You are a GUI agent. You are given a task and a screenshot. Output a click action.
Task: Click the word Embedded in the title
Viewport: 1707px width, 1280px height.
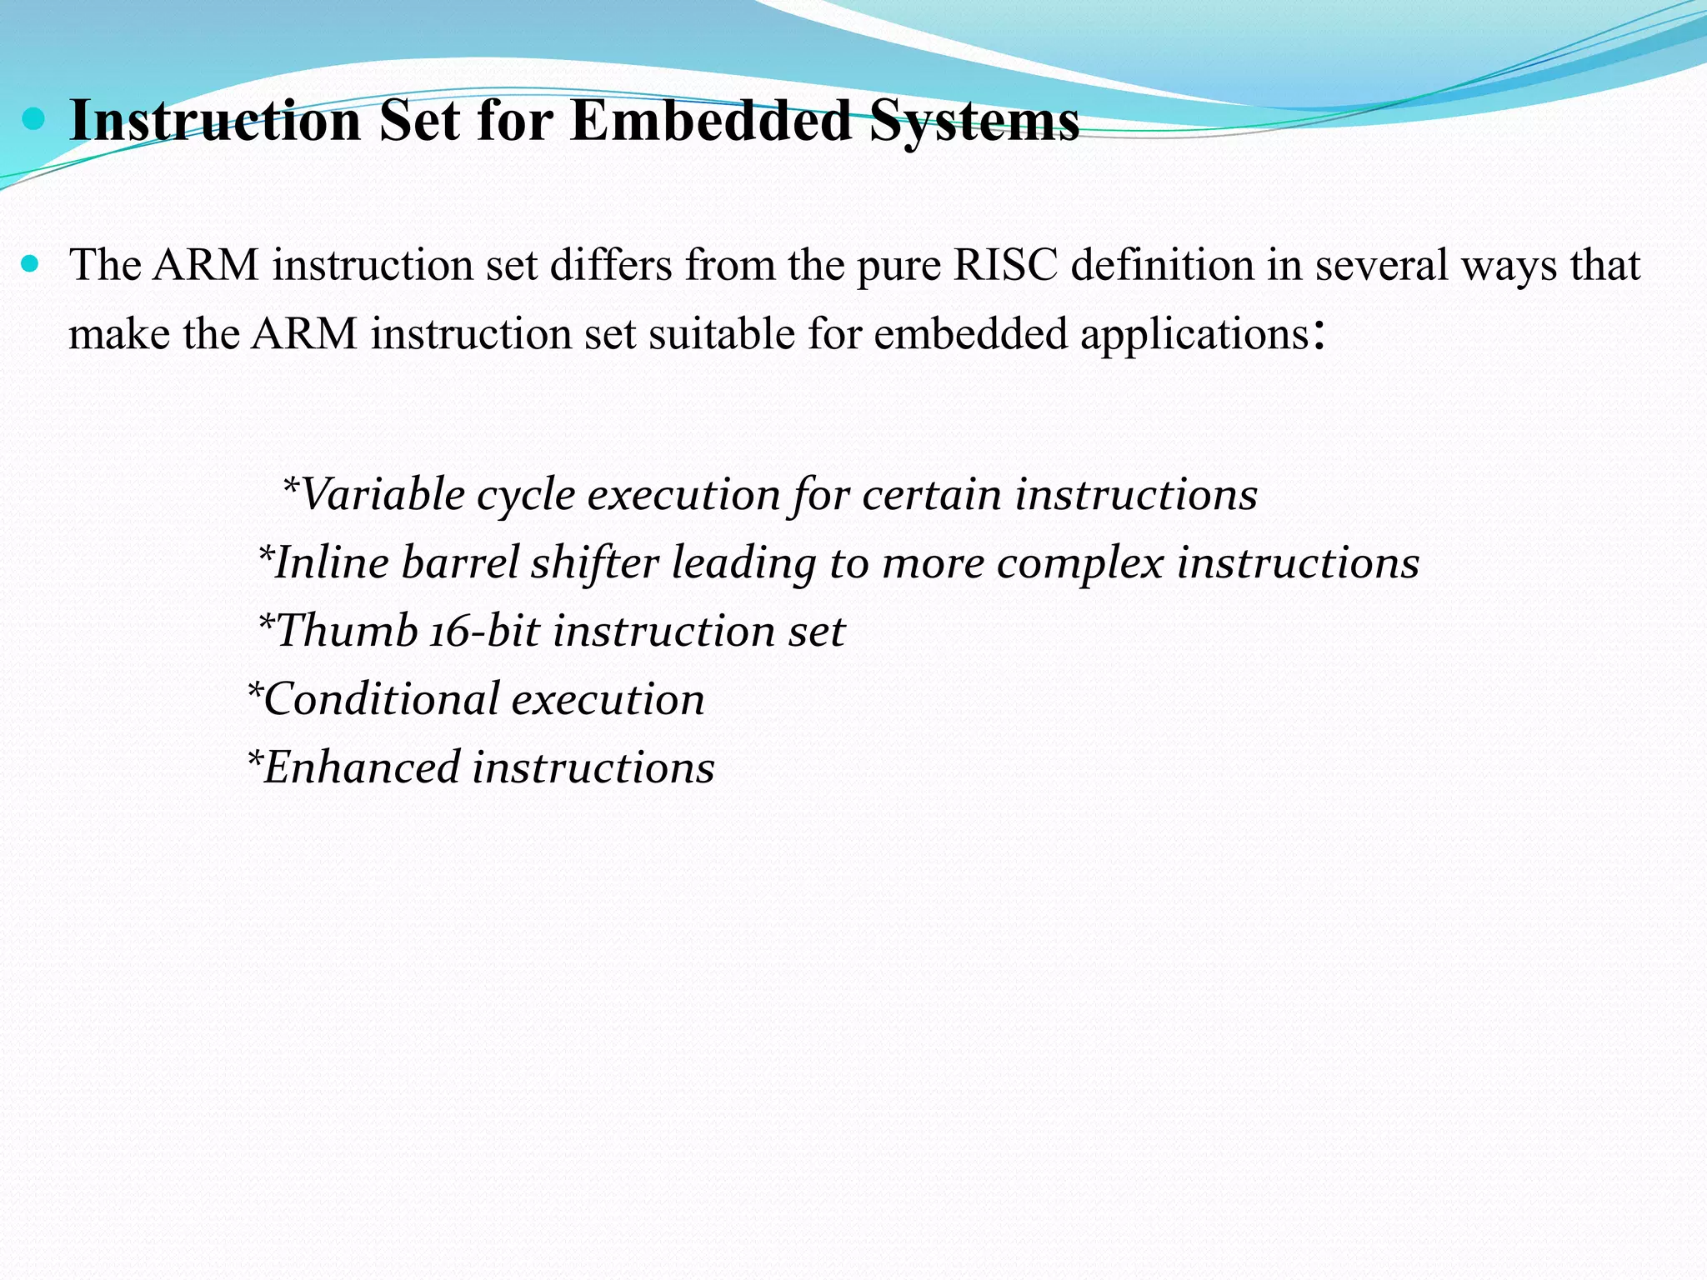[711, 122]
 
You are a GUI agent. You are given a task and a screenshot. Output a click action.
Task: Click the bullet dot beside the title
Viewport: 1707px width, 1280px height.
[33, 120]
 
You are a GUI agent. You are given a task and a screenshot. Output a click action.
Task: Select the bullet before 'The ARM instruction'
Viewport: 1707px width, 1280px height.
[31, 265]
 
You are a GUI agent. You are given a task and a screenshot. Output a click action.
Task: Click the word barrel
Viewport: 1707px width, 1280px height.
[460, 563]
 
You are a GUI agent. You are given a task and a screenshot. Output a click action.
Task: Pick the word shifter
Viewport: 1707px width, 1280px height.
[595, 563]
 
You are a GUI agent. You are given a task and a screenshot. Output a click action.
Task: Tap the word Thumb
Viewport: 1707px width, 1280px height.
[347, 631]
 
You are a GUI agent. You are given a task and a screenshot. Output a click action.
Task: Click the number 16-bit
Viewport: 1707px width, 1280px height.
[485, 631]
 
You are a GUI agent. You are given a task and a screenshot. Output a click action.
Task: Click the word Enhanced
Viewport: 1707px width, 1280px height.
[362, 767]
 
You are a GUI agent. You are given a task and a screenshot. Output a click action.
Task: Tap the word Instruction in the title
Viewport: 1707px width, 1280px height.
[215, 122]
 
